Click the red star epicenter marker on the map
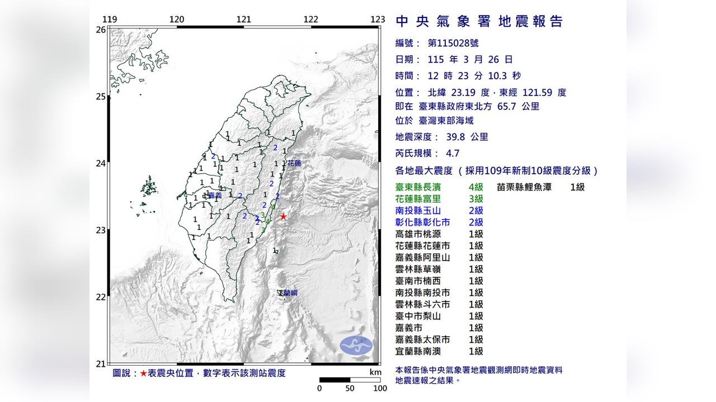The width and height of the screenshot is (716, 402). (x=284, y=217)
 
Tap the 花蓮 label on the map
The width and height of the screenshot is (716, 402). (x=294, y=164)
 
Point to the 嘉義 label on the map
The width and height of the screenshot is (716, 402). (x=214, y=195)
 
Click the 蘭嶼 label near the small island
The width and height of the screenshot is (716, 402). (x=290, y=293)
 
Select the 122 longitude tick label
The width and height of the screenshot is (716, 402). (x=310, y=20)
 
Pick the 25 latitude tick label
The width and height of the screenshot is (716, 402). (x=101, y=97)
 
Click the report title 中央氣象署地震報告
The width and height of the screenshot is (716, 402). (x=479, y=22)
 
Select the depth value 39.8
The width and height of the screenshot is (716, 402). (x=451, y=137)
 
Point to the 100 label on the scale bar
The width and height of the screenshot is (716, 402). (x=380, y=389)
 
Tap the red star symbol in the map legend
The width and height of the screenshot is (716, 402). (x=144, y=373)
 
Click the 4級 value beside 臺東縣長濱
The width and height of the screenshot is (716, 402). (x=476, y=187)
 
